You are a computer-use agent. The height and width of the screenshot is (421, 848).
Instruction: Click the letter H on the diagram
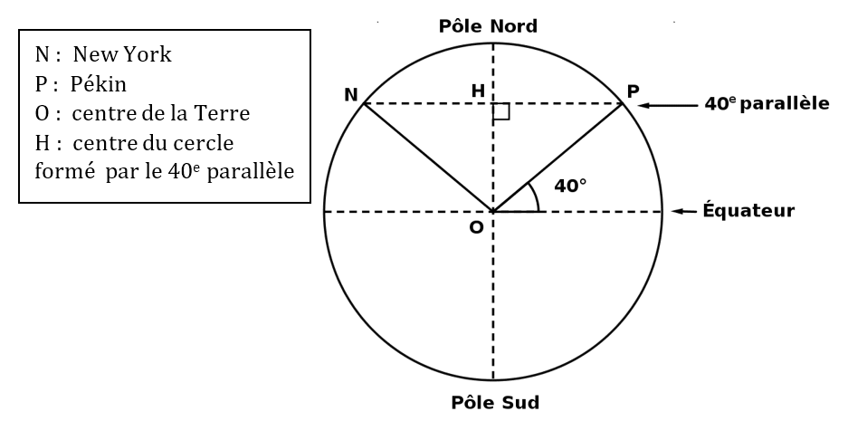click(x=476, y=91)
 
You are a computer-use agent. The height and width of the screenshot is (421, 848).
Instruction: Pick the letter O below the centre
click(x=476, y=227)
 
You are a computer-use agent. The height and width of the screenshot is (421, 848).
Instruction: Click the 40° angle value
click(x=570, y=186)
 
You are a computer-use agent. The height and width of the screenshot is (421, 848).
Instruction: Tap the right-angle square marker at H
click(x=502, y=111)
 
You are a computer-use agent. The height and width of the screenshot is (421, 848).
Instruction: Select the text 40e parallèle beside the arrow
click(x=767, y=104)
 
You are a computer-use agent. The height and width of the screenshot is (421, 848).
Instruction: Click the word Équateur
click(x=748, y=211)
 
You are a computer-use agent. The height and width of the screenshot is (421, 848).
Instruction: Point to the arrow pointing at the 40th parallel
click(x=667, y=105)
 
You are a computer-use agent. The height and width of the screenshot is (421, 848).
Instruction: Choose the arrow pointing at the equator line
click(x=686, y=212)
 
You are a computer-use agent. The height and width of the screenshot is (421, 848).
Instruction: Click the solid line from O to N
click(x=428, y=158)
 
